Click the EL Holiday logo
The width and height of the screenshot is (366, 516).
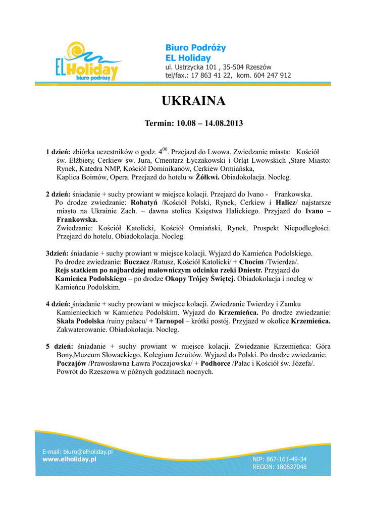click(86, 63)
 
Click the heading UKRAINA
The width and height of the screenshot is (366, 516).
click(193, 101)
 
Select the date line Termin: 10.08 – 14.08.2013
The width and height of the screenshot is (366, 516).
click(194, 123)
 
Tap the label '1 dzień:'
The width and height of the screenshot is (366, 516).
click(58, 152)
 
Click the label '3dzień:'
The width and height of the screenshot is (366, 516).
click(58, 253)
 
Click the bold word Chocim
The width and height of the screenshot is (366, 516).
click(251, 262)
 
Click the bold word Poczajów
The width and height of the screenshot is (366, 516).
click(71, 364)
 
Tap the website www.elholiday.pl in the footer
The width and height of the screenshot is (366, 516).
click(69, 459)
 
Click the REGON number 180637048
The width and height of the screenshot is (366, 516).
click(290, 467)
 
